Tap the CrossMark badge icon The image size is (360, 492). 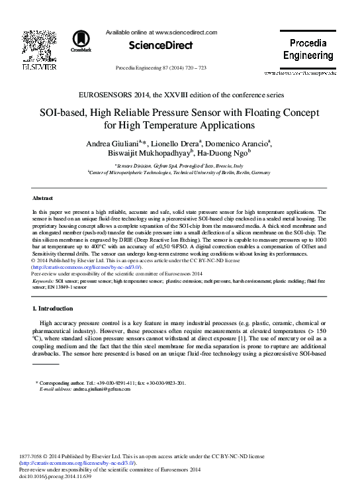point(83,42)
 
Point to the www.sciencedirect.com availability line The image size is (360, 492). point(161,32)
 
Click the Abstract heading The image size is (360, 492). point(42,198)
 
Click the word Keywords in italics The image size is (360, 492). point(43,281)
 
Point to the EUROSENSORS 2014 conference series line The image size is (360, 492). point(180,95)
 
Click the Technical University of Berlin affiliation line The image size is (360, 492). point(179,172)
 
